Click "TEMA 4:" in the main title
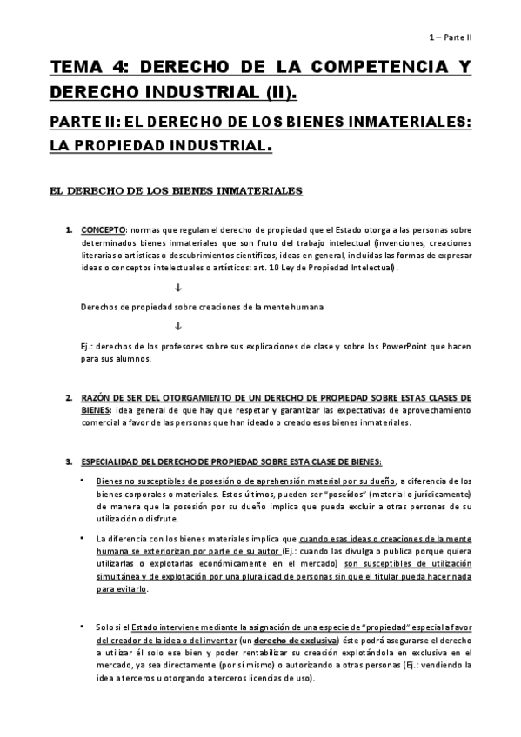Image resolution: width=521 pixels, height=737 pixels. (x=85, y=67)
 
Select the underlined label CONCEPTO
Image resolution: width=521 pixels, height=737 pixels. (x=104, y=230)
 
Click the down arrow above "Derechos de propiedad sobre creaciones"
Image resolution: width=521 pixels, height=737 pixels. (x=177, y=288)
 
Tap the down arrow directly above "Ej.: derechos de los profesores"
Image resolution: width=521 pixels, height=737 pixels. (x=177, y=326)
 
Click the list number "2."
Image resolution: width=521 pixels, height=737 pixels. (x=69, y=397)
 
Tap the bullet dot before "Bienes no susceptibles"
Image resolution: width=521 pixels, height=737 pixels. (x=83, y=480)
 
